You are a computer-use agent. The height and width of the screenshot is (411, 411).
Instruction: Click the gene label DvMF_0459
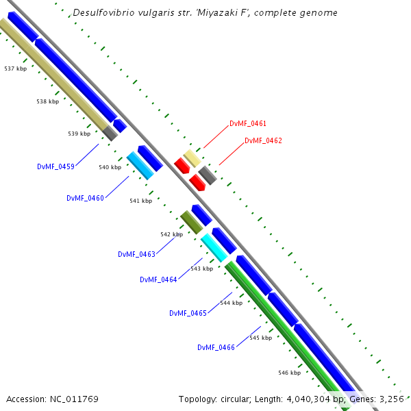click(55, 166)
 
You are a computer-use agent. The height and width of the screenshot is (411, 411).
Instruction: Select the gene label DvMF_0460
click(85, 198)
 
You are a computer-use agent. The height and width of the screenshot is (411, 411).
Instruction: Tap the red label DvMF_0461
click(248, 124)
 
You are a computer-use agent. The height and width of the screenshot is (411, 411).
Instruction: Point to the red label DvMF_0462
click(263, 140)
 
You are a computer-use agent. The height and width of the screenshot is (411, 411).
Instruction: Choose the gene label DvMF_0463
click(136, 254)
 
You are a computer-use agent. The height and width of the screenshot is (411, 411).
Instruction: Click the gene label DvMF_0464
click(158, 279)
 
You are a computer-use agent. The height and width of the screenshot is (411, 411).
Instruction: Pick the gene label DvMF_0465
click(188, 313)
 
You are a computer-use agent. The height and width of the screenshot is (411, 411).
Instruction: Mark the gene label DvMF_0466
click(216, 347)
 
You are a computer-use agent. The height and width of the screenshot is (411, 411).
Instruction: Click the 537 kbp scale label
click(15, 68)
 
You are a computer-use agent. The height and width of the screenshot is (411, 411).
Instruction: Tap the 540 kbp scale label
click(110, 167)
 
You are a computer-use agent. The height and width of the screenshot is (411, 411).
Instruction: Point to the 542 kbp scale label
click(171, 234)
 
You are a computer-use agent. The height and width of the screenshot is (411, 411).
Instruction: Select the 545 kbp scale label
click(260, 338)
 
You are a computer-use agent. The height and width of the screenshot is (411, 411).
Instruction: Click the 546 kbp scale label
click(290, 373)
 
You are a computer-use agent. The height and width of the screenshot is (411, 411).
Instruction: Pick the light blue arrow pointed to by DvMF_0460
click(140, 165)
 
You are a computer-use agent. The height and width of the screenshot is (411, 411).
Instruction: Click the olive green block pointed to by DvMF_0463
click(190, 221)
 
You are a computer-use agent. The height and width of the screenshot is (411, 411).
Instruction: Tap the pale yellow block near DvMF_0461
click(192, 158)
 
